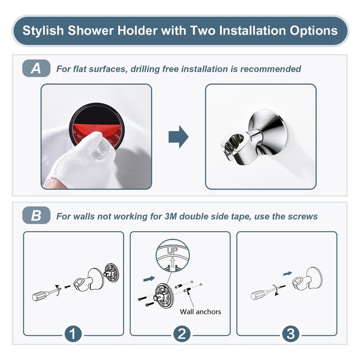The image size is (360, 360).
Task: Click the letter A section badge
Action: [36, 69]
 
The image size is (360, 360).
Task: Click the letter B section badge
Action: [36, 216]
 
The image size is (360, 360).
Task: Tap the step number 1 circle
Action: [73, 334]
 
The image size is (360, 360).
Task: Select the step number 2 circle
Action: [180, 334]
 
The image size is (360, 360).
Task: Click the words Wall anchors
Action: [201, 311]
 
